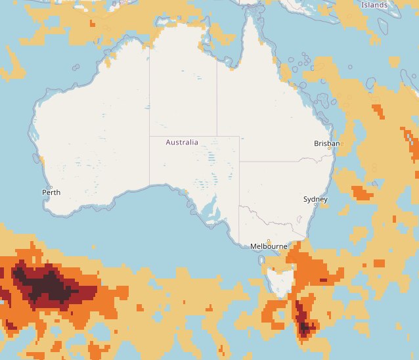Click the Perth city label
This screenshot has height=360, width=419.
51,192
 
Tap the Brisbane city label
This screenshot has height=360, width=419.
327,143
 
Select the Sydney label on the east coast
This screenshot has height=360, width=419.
315,199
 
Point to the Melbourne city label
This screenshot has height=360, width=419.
269,246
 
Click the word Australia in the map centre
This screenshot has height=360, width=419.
182,143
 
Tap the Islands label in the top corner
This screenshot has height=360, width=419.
374,5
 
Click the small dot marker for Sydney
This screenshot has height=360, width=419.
315,206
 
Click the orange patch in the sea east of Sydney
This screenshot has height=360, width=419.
362,192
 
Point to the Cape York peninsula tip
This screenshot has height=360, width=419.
250,16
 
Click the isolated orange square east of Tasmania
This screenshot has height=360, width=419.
378,263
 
